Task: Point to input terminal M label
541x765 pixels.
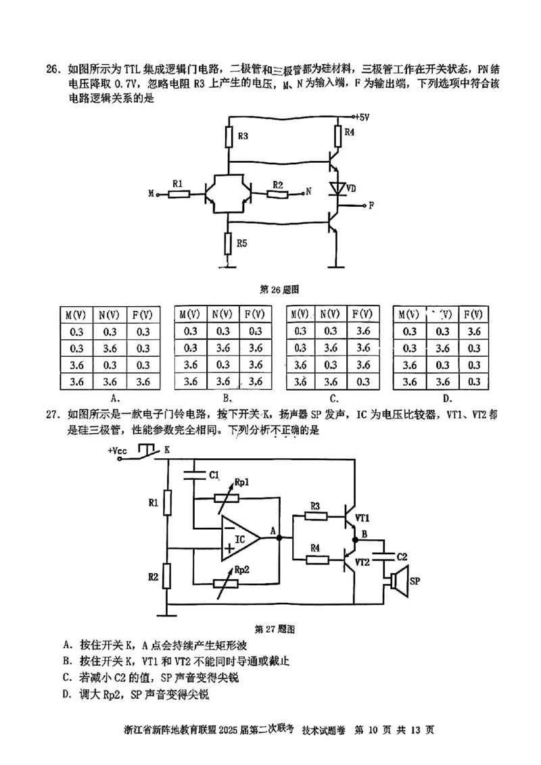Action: tap(151, 194)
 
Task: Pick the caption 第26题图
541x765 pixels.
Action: tap(279, 289)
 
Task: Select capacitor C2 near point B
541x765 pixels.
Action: tap(385, 556)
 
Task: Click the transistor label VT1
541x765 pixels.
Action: tap(362, 518)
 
